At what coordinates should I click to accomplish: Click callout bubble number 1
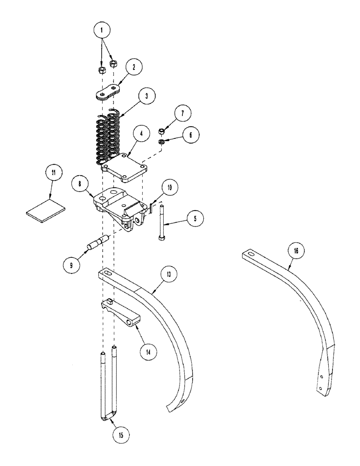(103, 30)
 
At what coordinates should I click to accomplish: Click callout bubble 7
(180, 113)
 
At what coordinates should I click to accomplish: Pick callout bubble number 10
(169, 187)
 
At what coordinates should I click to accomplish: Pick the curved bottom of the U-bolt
(107, 416)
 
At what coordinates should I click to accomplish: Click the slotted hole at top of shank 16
(251, 254)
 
